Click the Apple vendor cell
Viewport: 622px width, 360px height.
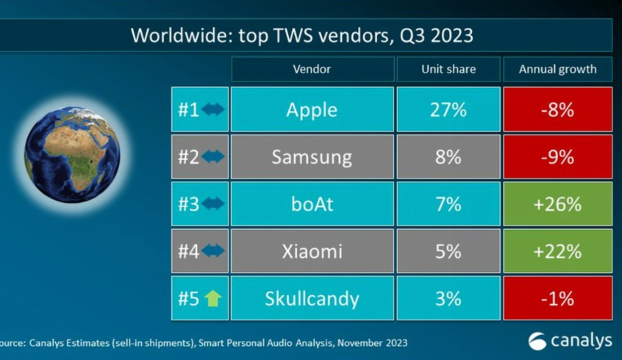coord(312,109)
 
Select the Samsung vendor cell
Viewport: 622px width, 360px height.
coord(312,156)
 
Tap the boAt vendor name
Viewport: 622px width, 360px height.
coord(312,204)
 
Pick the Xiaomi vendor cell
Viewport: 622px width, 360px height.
coord(312,251)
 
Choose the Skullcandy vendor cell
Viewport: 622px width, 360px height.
coord(312,298)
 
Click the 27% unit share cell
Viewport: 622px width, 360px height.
coord(448,109)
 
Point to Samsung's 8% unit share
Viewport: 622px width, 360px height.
coord(448,156)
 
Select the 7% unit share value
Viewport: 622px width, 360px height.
coord(448,204)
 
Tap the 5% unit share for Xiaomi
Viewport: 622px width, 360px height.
coord(448,251)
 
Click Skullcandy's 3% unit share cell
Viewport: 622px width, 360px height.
coord(448,298)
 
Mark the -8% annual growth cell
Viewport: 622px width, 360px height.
coord(557,109)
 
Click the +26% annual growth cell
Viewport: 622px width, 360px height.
coord(557,204)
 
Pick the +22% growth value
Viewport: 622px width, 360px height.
coord(557,251)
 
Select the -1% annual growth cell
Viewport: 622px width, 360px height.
coord(557,298)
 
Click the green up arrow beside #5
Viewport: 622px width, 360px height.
coord(212,298)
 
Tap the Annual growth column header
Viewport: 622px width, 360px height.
coord(557,69)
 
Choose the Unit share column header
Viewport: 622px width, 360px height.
coord(448,69)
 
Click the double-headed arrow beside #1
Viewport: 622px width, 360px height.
coord(212,109)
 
